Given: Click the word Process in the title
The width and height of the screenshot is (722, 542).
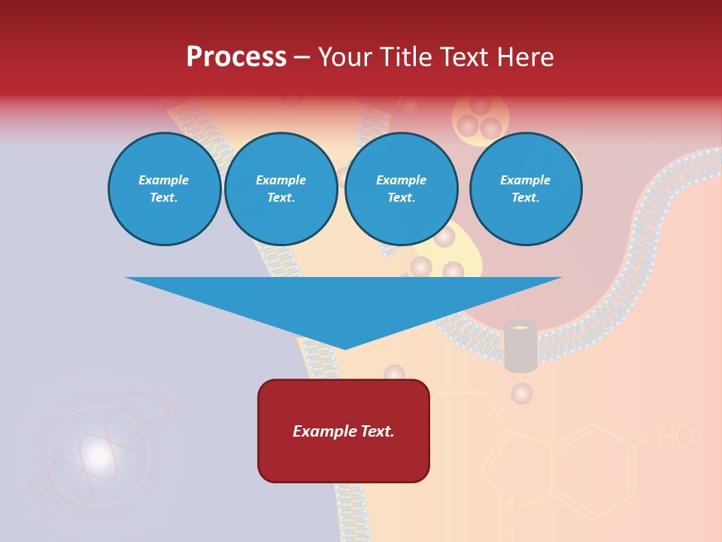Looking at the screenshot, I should click(x=236, y=57).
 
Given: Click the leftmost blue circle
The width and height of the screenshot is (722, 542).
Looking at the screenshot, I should click(x=165, y=189).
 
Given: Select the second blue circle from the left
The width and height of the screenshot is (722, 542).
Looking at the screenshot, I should click(x=281, y=189).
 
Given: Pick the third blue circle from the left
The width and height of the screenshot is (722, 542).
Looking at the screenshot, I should click(x=402, y=189).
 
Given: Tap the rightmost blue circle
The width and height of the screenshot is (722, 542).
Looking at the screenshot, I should click(x=526, y=189).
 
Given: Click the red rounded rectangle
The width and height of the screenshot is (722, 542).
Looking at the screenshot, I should click(x=344, y=431).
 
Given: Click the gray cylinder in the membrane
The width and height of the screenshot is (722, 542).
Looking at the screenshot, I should click(x=520, y=348).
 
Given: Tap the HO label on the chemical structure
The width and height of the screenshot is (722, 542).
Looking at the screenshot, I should click(x=675, y=437).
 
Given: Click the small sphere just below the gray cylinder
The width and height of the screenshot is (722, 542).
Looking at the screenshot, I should click(x=521, y=393).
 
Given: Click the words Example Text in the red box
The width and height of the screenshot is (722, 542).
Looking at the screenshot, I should click(x=344, y=431).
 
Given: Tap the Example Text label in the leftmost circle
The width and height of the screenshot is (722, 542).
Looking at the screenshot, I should click(x=164, y=189).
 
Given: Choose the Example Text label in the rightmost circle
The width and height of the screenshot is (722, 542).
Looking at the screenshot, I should click(x=526, y=189).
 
